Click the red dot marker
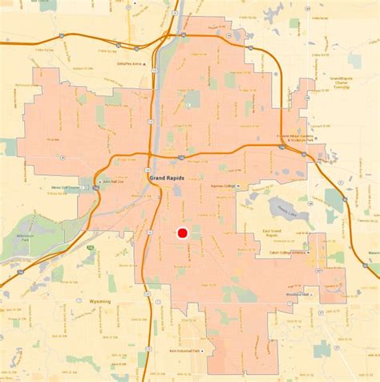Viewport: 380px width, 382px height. coord(182,234)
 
